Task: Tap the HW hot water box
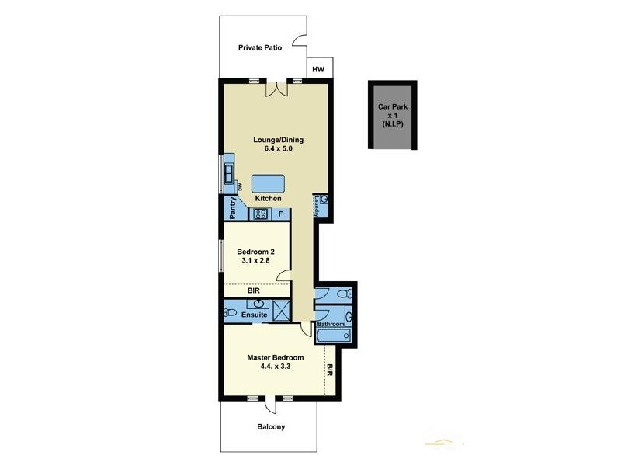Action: (x=318, y=70)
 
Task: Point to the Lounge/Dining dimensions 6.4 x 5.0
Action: (x=278, y=148)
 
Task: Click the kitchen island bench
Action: (x=268, y=184)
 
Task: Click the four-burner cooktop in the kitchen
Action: (x=262, y=214)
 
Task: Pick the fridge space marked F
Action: (x=279, y=214)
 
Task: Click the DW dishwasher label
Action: (x=241, y=187)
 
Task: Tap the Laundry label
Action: (x=317, y=207)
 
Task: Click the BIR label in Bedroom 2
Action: (x=253, y=291)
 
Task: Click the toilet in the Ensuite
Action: (x=230, y=312)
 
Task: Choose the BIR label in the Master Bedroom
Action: (x=330, y=370)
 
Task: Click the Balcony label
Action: (x=271, y=426)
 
